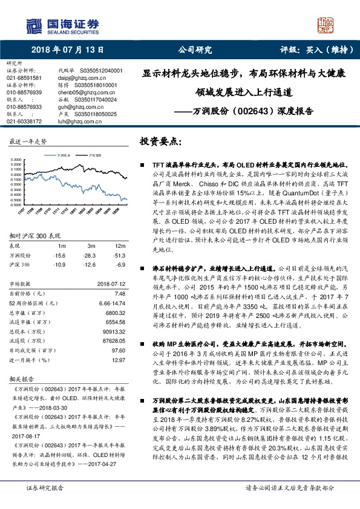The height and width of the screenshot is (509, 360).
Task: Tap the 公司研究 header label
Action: pos(194,50)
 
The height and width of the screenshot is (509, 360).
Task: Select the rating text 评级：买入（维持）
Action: pos(313,50)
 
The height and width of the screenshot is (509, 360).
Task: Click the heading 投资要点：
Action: pos(160,141)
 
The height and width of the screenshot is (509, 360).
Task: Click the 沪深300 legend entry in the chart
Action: pos(94,155)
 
